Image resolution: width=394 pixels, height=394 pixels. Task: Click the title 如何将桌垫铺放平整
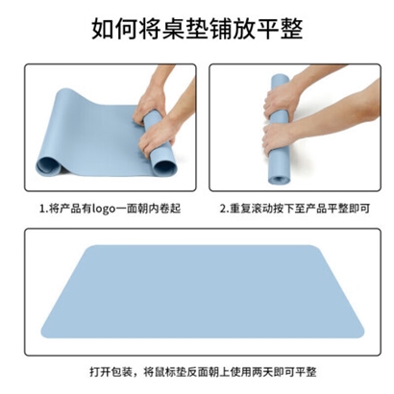(x=197, y=30)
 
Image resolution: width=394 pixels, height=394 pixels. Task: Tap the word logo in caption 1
(x=103, y=209)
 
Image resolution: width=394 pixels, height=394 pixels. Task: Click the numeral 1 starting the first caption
(x=41, y=209)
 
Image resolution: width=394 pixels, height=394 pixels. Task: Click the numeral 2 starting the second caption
(x=223, y=209)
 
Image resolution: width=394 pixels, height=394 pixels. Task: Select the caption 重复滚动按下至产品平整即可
(x=300, y=209)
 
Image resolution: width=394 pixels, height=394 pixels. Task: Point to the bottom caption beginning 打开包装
(x=203, y=372)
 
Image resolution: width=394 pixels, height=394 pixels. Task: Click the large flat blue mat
(x=203, y=291)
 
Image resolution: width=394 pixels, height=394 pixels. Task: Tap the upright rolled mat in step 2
(x=280, y=130)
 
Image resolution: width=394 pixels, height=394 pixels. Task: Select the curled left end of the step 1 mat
(x=48, y=165)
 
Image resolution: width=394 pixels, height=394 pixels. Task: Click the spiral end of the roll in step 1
(x=165, y=166)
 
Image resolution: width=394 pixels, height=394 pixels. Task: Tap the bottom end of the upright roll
(x=279, y=180)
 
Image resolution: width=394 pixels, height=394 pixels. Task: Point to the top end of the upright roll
(x=280, y=78)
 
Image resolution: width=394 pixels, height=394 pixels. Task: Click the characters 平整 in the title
(x=280, y=30)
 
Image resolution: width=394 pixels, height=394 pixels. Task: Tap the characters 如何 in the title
(x=114, y=30)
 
